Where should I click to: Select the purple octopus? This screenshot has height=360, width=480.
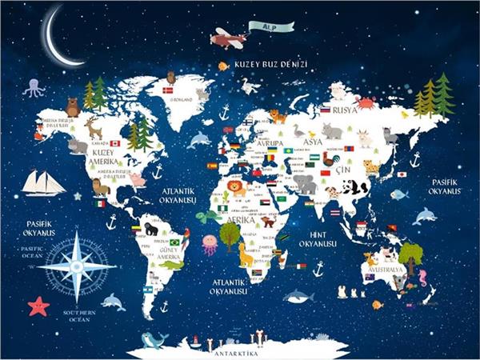click(x=34, y=87)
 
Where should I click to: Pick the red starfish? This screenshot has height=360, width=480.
click(x=38, y=306)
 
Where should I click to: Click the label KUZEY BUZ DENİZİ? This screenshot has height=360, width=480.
click(x=271, y=64)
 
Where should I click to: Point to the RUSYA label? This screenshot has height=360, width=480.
click(x=345, y=110)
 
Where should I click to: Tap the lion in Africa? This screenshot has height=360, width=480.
click(x=238, y=189)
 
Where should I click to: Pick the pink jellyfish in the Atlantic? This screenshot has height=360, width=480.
click(x=210, y=242)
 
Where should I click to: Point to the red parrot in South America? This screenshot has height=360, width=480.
click(x=186, y=238)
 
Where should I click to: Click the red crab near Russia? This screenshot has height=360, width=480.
click(x=366, y=103)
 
